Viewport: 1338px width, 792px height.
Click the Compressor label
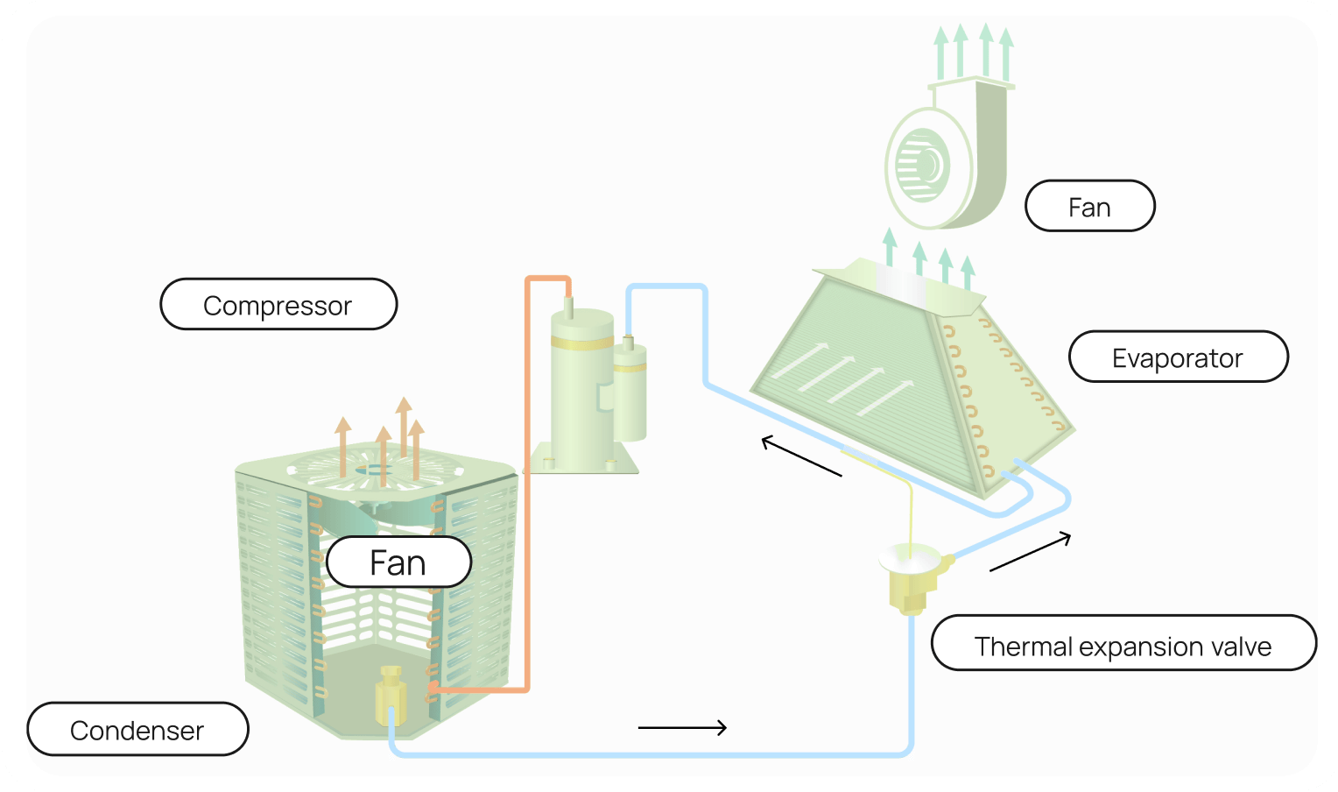tap(278, 305)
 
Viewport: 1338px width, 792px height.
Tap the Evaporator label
tap(1178, 357)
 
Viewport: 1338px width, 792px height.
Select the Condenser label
tap(137, 730)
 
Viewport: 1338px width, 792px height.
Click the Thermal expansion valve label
tap(1123, 646)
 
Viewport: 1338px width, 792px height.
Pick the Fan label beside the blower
tap(1089, 207)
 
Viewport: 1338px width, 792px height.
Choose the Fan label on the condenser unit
tap(398, 562)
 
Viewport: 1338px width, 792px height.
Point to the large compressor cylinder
tap(581, 385)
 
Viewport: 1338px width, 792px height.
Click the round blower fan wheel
tap(919, 166)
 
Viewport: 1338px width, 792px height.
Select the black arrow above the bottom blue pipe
tap(682, 727)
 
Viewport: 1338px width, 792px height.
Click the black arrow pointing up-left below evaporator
tap(801, 456)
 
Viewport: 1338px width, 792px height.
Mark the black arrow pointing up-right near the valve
tap(1031, 553)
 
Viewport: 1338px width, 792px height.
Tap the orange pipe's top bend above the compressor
tap(547, 279)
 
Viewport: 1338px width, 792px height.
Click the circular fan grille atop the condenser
tap(375, 469)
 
